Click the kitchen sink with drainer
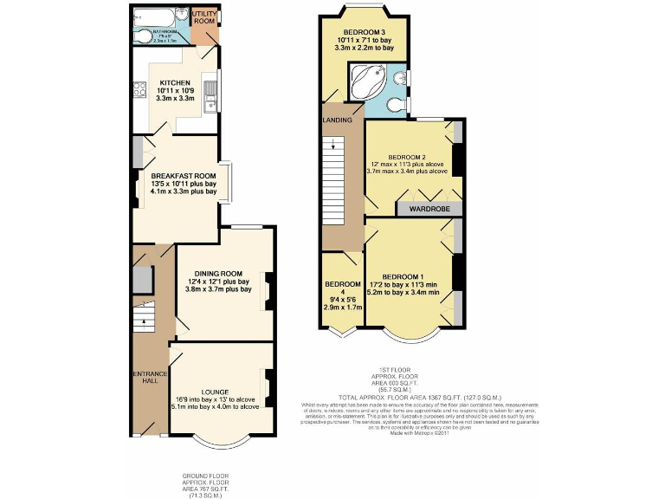[210, 89]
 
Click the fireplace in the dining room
[268, 291]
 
